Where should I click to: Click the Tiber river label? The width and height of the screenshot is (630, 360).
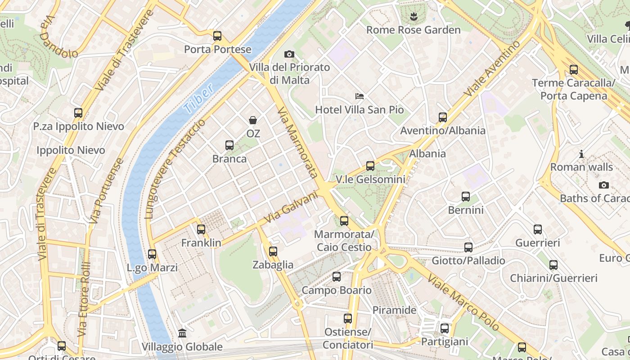[198, 99]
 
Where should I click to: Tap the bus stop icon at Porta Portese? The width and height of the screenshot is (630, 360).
[217, 36]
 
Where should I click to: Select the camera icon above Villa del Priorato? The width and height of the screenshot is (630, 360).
[289, 54]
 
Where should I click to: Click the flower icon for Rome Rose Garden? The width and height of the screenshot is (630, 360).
[413, 17]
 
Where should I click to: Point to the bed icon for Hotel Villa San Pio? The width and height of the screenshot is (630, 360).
[359, 96]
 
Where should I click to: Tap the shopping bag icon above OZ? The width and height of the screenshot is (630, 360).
[253, 120]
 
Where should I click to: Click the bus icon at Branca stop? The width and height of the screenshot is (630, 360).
[229, 145]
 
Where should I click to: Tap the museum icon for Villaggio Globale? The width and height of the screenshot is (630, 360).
[182, 333]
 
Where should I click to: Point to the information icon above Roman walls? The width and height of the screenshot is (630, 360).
[581, 154]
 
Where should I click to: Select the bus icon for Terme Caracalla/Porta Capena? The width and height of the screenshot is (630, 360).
[573, 70]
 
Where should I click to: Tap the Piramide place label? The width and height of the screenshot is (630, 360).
[394, 310]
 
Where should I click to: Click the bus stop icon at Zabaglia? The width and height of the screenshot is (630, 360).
[273, 252]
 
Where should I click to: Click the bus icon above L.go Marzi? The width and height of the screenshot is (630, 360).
[152, 254]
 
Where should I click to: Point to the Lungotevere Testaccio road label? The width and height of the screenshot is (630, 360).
[175, 169]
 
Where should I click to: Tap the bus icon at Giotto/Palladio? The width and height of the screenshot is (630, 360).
[468, 247]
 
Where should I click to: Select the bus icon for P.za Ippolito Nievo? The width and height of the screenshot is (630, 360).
[78, 113]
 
